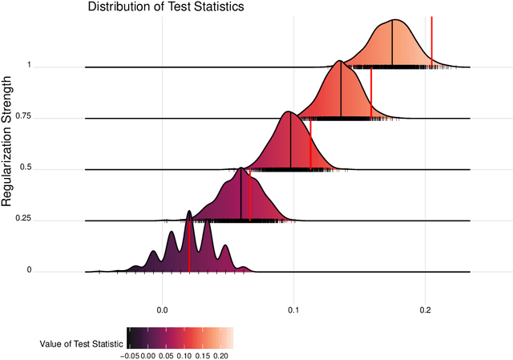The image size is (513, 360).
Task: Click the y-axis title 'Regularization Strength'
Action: point(7,141)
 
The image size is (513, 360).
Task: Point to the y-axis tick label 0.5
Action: point(25,168)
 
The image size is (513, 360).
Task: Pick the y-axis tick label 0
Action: point(29,270)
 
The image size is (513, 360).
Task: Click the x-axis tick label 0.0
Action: point(163,309)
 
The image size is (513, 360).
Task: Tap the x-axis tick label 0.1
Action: point(294,309)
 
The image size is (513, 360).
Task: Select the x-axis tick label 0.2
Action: point(426,309)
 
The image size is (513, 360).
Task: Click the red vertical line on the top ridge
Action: point(432,40)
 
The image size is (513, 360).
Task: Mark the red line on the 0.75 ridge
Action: point(371,94)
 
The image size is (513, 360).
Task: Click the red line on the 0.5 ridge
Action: point(310,144)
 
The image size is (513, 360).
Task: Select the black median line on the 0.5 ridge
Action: point(290,140)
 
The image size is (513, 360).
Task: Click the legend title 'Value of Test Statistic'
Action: point(82,343)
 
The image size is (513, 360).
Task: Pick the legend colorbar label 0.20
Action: point(222,354)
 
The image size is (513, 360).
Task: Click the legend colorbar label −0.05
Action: point(131,354)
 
